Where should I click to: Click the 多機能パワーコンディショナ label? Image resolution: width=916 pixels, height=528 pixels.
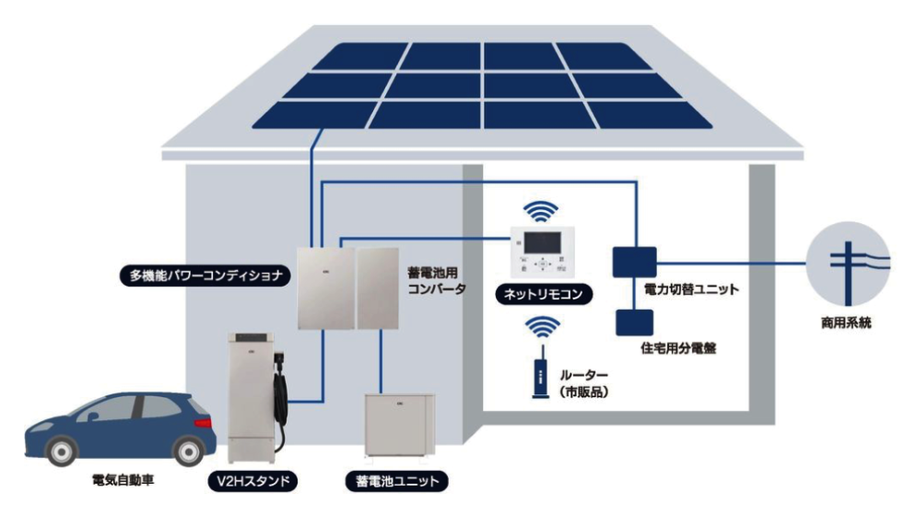pyautogui.click(x=206, y=274)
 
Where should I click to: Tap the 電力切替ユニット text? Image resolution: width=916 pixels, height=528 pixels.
pyautogui.click(x=691, y=290)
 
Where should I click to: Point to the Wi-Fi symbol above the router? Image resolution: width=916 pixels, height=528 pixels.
pyautogui.click(x=543, y=330)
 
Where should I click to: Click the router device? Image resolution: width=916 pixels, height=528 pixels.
pyautogui.click(x=541, y=378)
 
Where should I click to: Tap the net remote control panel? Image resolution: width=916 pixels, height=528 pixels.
pyautogui.click(x=543, y=252)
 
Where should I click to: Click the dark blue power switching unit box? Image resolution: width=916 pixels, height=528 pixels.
pyautogui.click(x=634, y=261)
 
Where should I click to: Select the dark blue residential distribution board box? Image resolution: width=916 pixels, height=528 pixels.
pyautogui.click(x=634, y=323)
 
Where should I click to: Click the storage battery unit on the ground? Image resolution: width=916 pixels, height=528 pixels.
pyautogui.click(x=398, y=425)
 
